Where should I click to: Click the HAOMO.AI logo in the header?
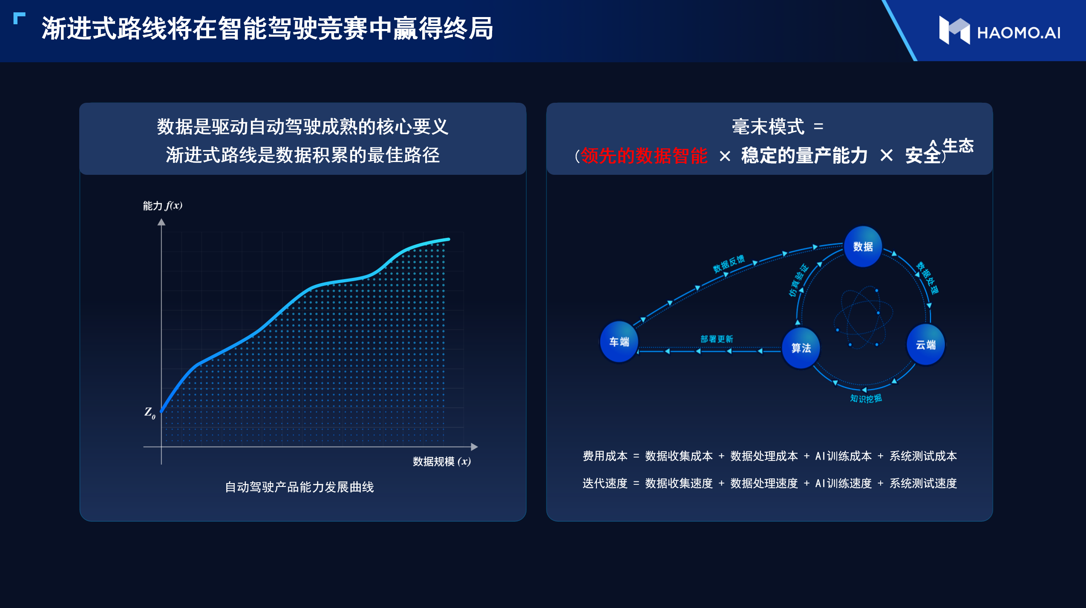tap(1000, 31)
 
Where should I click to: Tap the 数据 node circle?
tap(863, 246)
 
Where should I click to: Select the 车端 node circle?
tap(619, 342)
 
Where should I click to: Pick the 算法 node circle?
tap(801, 348)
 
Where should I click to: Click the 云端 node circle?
tap(926, 345)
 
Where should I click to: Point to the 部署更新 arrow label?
tap(717, 339)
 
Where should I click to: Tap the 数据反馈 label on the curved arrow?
tap(729, 263)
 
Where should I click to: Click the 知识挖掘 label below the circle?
tap(866, 398)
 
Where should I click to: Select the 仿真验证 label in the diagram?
tap(798, 280)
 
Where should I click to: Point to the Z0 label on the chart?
tap(150, 413)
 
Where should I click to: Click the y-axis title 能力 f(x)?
tap(163, 206)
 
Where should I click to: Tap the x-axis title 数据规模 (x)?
tap(442, 461)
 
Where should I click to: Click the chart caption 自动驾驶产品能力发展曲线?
tap(300, 487)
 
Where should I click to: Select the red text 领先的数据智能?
tap(644, 155)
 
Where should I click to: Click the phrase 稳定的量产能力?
tap(804, 155)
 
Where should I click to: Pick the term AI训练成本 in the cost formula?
tap(843, 456)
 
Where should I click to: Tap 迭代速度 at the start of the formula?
tap(605, 483)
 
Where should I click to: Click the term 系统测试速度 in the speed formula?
tap(923, 483)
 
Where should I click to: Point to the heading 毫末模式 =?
tap(778, 127)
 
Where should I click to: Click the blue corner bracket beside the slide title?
tap(19, 18)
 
